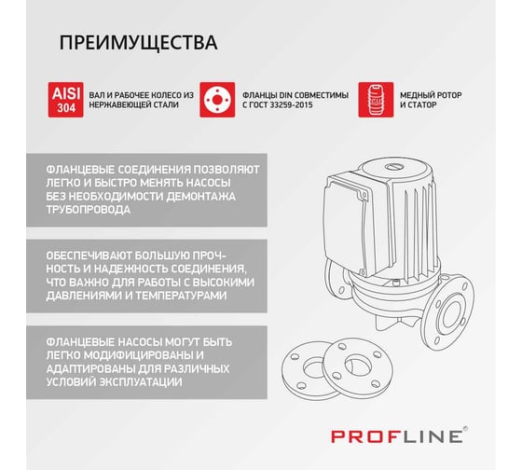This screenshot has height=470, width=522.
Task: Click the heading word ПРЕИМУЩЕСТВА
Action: pos(139,43)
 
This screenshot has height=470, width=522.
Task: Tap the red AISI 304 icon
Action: pos(65,100)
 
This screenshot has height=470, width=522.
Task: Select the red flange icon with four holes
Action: pos(217,100)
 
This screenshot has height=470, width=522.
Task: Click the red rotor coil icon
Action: pos(376,100)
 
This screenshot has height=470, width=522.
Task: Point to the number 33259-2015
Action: pos(291,105)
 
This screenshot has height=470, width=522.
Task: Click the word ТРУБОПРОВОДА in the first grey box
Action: pos(89,210)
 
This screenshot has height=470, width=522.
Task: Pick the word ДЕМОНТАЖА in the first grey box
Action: pos(200,196)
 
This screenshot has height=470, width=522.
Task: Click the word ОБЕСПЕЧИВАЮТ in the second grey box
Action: pos(88,256)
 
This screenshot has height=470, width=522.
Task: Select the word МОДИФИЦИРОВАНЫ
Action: pos(138,355)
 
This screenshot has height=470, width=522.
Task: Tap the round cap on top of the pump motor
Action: pos(394,167)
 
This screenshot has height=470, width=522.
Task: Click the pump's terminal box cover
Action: pos(345,227)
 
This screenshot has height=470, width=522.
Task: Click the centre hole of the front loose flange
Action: pos(358,365)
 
